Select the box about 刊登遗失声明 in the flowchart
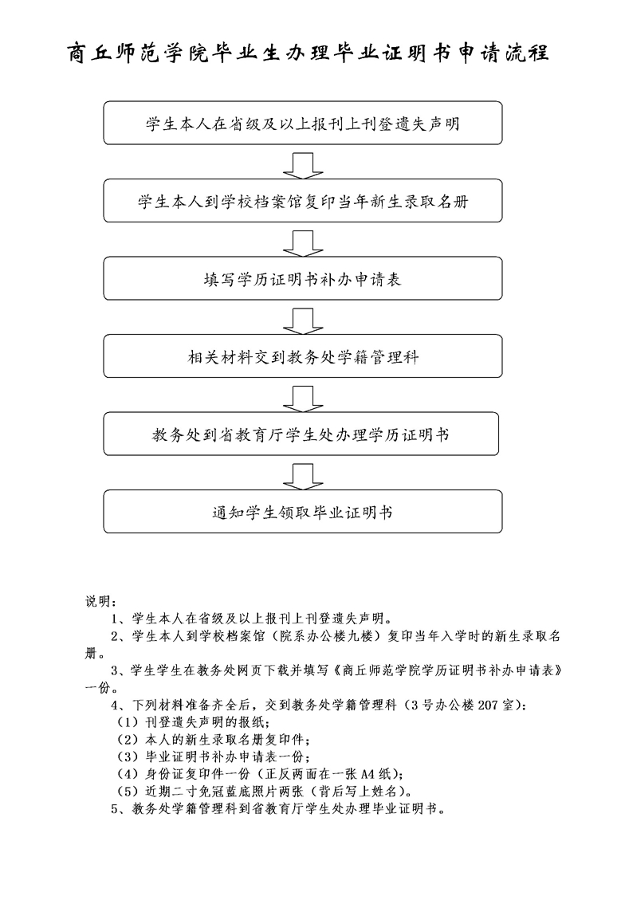click(302, 123)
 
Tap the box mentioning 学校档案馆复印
click(302, 201)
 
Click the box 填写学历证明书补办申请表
click(302, 279)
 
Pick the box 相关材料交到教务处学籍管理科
click(302, 356)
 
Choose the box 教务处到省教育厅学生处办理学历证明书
click(302, 434)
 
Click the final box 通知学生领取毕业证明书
click(302, 512)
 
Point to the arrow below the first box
click(302, 163)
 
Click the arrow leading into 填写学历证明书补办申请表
click(302, 240)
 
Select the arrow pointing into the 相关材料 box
click(302, 318)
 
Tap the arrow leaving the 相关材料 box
click(302, 395)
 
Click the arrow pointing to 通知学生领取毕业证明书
click(302, 474)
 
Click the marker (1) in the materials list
click(128, 722)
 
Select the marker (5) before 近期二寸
click(128, 791)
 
